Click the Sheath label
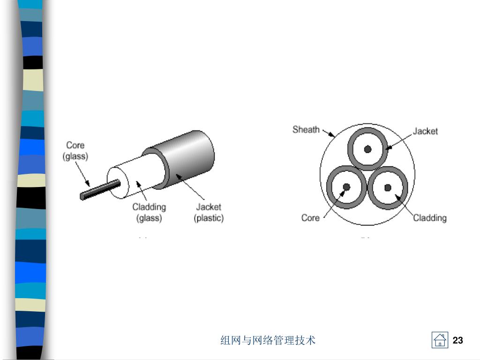tap(306, 129)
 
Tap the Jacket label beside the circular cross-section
tap(425, 131)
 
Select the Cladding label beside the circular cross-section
tap(429, 217)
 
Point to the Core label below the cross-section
tap(310, 217)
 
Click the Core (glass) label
tap(75, 150)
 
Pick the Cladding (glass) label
tap(149, 212)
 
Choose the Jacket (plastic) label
tap(209, 212)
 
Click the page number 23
tap(458, 340)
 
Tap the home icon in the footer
tap(440, 340)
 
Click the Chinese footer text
tap(268, 340)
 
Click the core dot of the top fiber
tap(368, 149)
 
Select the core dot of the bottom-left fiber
tap(346, 187)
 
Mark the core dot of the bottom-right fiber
tap(388, 187)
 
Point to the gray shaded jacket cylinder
tap(190, 155)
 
